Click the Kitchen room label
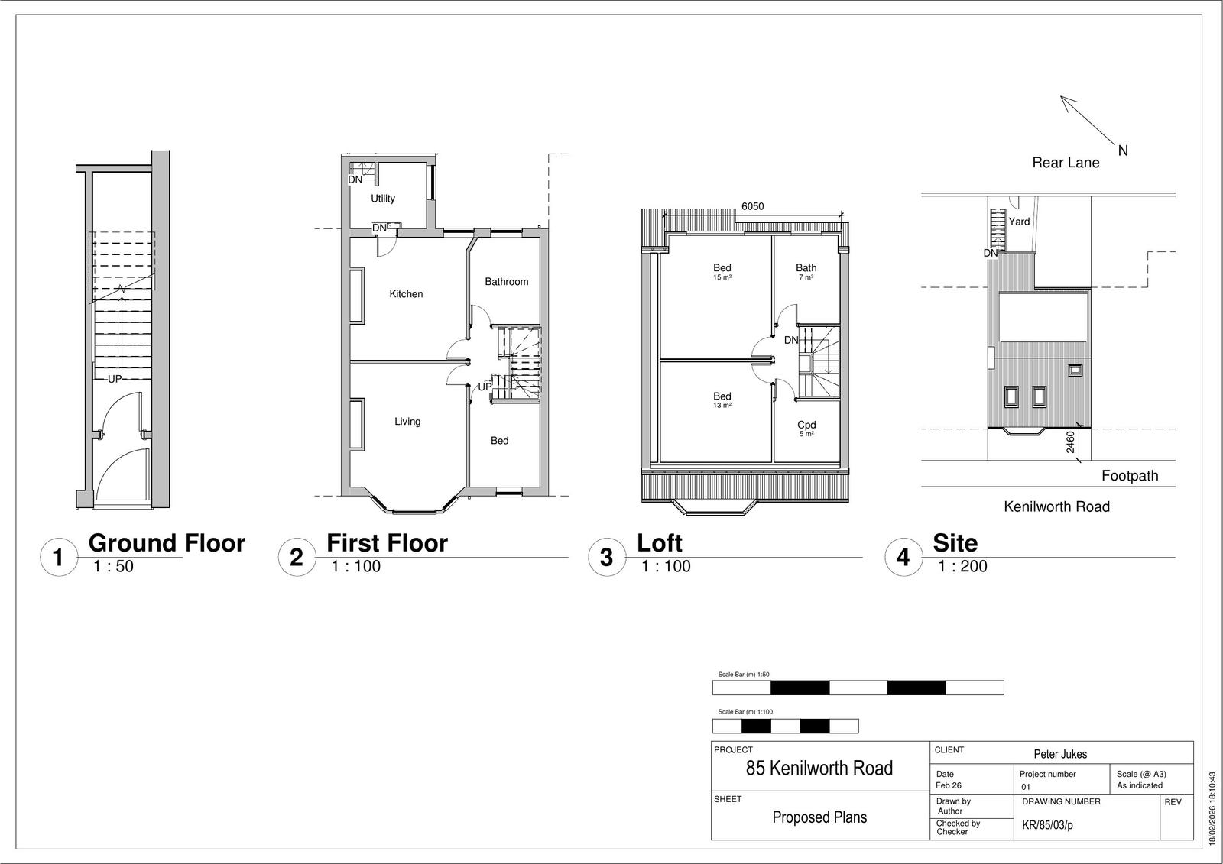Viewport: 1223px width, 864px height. (406, 294)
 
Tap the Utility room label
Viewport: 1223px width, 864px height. (383, 199)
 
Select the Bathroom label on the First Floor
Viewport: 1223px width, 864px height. (507, 282)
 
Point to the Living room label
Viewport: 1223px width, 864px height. (407, 422)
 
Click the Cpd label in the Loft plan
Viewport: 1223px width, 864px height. (806, 425)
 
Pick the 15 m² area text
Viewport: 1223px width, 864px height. (722, 277)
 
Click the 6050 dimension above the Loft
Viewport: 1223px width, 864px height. (752, 206)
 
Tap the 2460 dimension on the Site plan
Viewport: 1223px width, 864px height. (1070, 442)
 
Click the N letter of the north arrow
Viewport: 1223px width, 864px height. (1123, 150)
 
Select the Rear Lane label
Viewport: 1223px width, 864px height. (1066, 163)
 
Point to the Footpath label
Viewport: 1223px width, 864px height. (1130, 476)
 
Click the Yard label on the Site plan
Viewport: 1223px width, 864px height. (1019, 222)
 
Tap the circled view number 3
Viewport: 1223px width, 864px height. (607, 557)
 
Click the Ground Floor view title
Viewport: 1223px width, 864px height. (167, 543)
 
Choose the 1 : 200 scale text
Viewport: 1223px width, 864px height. (962, 566)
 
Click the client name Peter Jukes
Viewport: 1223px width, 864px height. (1060, 754)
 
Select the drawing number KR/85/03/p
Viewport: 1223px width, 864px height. (1047, 825)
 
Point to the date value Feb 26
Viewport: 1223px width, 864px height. (949, 785)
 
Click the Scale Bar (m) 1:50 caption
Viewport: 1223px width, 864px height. (743, 675)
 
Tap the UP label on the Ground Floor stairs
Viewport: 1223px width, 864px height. (115, 379)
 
